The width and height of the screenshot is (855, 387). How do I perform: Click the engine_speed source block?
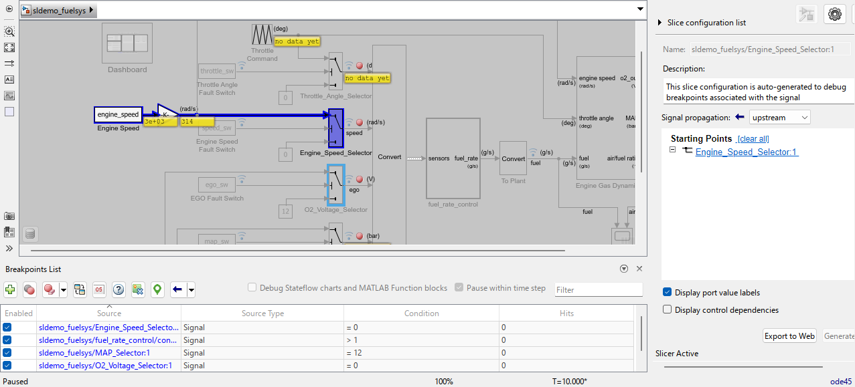pyautogui.click(x=118, y=115)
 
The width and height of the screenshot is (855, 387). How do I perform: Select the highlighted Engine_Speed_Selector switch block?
pyautogui.click(x=336, y=127)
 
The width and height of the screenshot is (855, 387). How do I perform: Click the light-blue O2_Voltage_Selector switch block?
pyautogui.click(x=336, y=184)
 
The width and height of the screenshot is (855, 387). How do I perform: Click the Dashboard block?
pyautogui.click(x=127, y=43)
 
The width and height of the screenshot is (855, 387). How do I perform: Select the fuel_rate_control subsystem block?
pyautogui.click(x=454, y=158)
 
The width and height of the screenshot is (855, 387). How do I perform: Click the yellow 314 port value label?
pyautogui.click(x=196, y=122)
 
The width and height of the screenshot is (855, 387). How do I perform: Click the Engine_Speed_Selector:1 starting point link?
pyautogui.click(x=747, y=152)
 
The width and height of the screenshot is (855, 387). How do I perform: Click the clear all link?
pyautogui.click(x=753, y=139)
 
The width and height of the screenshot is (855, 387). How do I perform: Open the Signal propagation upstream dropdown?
pyautogui.click(x=780, y=117)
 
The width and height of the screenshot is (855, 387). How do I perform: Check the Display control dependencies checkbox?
pyautogui.click(x=668, y=309)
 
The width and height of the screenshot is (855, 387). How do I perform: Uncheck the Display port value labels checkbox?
pyautogui.click(x=668, y=292)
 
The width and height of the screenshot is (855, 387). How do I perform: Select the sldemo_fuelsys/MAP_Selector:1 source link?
pyautogui.click(x=94, y=353)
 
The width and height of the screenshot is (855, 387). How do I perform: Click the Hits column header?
pyautogui.click(x=566, y=313)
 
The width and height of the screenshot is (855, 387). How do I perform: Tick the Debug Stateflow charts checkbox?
pyautogui.click(x=252, y=287)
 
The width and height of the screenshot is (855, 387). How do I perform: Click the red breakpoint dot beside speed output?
pyautogui.click(x=360, y=122)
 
